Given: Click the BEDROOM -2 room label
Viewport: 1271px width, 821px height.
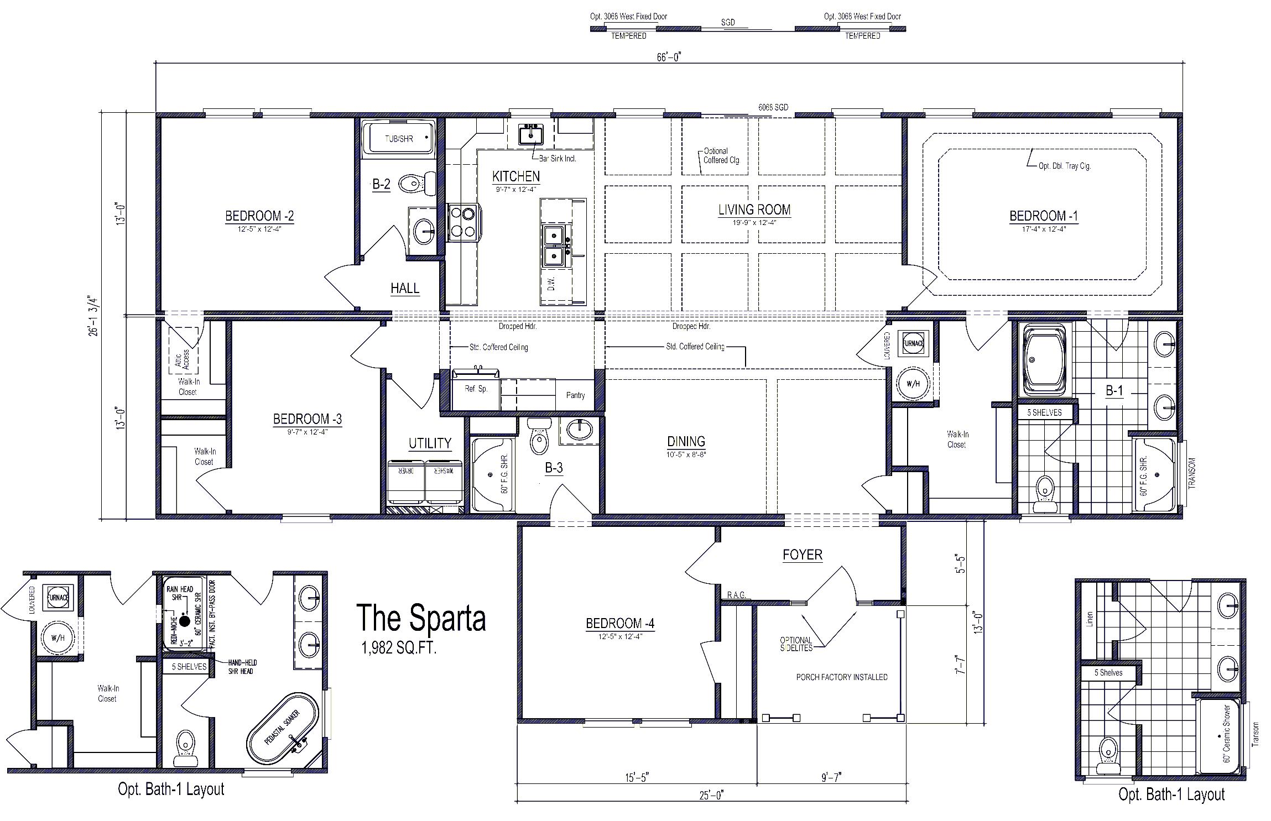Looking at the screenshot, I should point(259,216).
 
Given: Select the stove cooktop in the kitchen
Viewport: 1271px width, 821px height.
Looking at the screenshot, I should point(463,221).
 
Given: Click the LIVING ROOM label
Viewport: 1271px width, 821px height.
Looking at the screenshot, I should point(754,210).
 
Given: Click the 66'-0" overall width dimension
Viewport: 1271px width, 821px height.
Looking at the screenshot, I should point(669,57).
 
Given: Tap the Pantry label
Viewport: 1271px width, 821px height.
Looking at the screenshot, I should point(575,395).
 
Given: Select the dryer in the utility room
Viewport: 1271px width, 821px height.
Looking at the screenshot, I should point(405,481).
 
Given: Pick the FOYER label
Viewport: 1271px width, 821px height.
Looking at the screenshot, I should point(802,555).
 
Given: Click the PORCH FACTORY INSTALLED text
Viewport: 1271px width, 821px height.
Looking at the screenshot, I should point(841,677).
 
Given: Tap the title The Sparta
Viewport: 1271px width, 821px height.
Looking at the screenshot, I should point(421,618).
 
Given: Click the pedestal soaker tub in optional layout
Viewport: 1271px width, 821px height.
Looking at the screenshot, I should point(283,728).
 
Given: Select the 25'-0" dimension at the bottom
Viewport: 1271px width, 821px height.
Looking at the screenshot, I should point(711,796).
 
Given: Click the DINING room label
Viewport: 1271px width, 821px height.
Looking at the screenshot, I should point(686,441).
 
